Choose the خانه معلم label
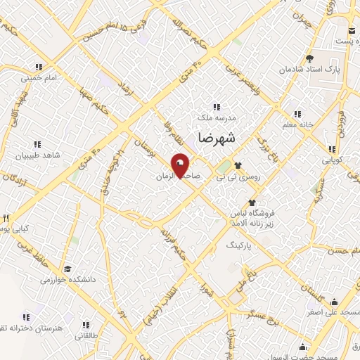297,124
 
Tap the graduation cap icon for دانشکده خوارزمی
67,269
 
